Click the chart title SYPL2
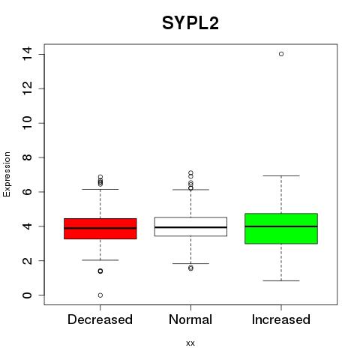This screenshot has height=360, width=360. pos(190,23)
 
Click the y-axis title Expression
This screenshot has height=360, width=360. pos(7,175)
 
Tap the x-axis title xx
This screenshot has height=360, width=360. pos(190,343)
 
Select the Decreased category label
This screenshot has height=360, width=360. pos(100,319)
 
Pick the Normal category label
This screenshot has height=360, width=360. pos(190,319)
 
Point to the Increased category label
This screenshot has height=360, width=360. pos(281,319)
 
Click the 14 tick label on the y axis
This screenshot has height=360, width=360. pos(27,54)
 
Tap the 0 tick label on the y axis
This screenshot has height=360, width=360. pos(27,295)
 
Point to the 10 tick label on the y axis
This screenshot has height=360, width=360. pos(27,123)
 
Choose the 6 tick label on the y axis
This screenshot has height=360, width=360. pos(27,192)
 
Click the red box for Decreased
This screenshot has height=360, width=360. pos(100,229)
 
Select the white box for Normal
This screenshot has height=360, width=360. pos(190,226)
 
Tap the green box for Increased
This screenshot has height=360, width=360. pos(281,229)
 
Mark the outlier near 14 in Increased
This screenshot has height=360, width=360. pos(281,54)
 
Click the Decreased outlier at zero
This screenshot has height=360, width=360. pos(100,295)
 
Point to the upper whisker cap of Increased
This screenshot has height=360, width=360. pos(281,175)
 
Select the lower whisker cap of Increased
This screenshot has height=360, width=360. pos(281,280)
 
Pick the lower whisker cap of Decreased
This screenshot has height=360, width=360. pos(100,260)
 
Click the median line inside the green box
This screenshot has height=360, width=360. pos(281,226)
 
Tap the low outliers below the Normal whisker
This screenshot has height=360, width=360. pos(190,268)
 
